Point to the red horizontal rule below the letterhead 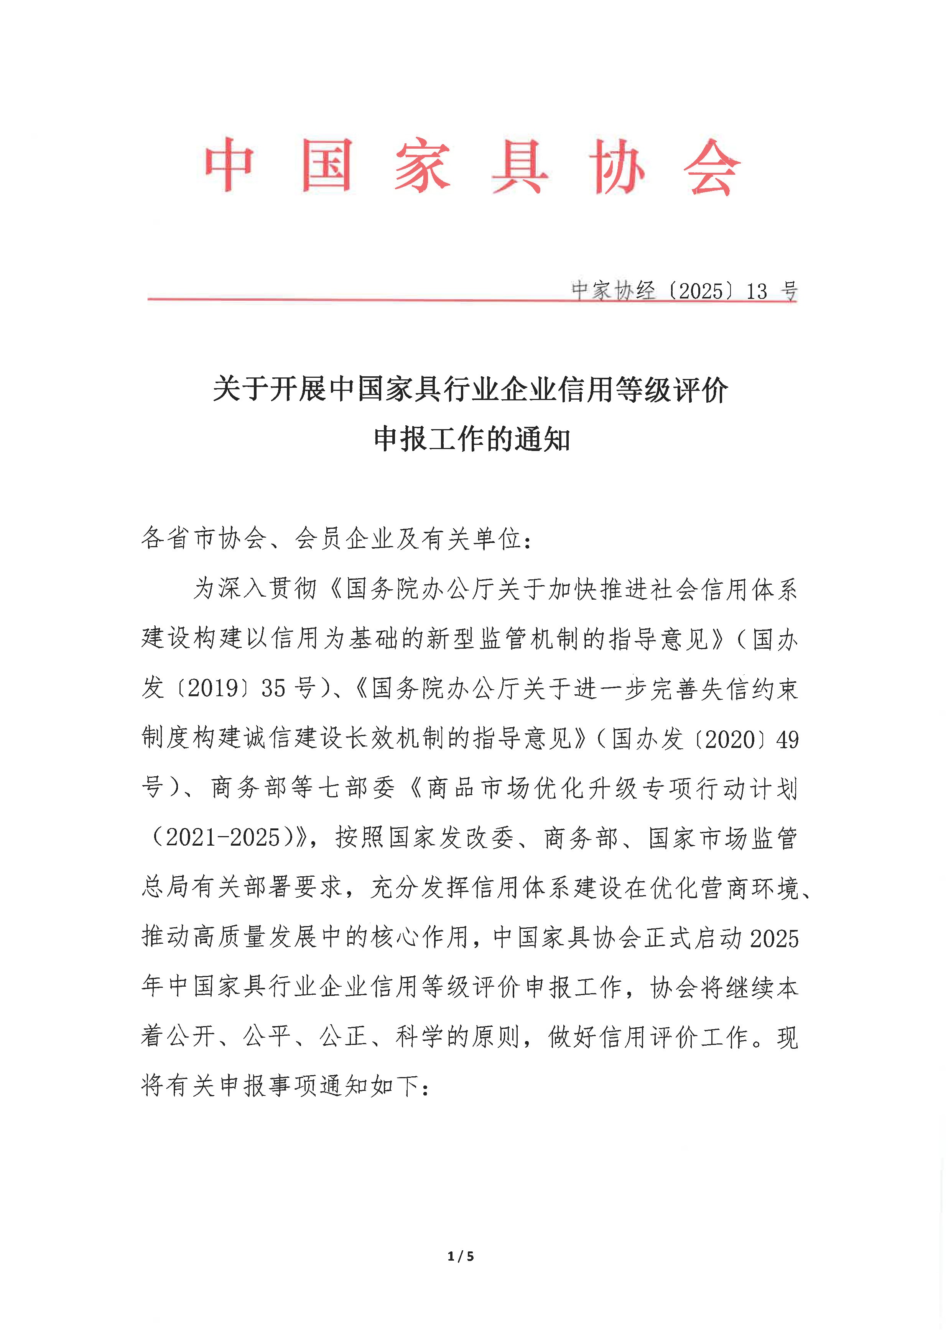tap(351, 299)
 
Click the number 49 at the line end tap(788, 740)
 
